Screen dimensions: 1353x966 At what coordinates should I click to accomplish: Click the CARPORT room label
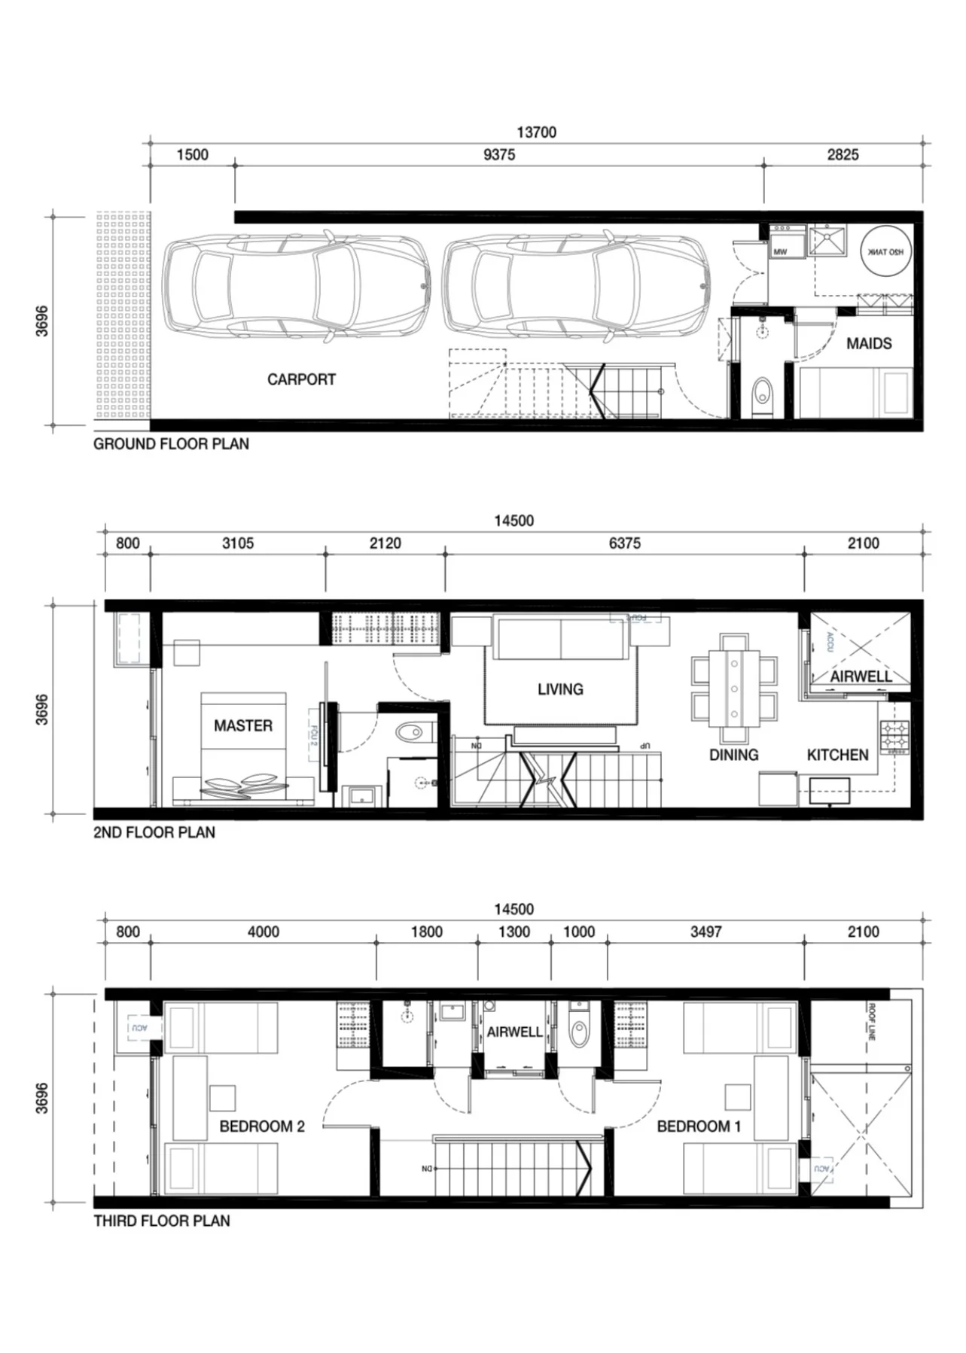(x=301, y=379)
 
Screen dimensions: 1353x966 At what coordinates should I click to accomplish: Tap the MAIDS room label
(x=869, y=344)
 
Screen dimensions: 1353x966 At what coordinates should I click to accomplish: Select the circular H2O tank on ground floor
(x=885, y=252)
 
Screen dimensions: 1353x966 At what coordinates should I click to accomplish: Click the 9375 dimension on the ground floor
(x=499, y=155)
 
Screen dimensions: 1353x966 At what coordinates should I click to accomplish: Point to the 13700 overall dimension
(x=536, y=132)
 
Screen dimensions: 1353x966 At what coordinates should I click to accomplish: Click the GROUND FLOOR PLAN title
(x=171, y=444)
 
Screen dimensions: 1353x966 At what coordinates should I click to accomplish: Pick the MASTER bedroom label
(x=242, y=726)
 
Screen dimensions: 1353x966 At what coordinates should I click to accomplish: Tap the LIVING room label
(x=560, y=689)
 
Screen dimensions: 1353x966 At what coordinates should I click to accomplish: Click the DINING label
(x=733, y=755)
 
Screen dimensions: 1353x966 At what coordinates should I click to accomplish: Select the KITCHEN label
(x=837, y=755)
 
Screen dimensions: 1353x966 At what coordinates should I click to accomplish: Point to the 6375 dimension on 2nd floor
(x=624, y=543)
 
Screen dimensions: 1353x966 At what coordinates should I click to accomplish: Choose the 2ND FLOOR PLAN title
(x=154, y=832)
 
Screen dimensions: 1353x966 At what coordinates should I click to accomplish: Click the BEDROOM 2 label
(x=262, y=1126)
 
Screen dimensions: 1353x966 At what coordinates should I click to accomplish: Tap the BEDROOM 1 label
(x=699, y=1126)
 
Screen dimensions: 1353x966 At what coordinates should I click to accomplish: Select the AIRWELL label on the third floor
(x=514, y=1032)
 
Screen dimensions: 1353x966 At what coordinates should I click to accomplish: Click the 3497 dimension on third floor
(x=705, y=932)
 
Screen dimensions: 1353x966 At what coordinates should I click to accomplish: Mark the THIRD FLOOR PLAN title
(x=162, y=1221)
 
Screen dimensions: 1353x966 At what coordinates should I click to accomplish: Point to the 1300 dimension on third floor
(x=514, y=932)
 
